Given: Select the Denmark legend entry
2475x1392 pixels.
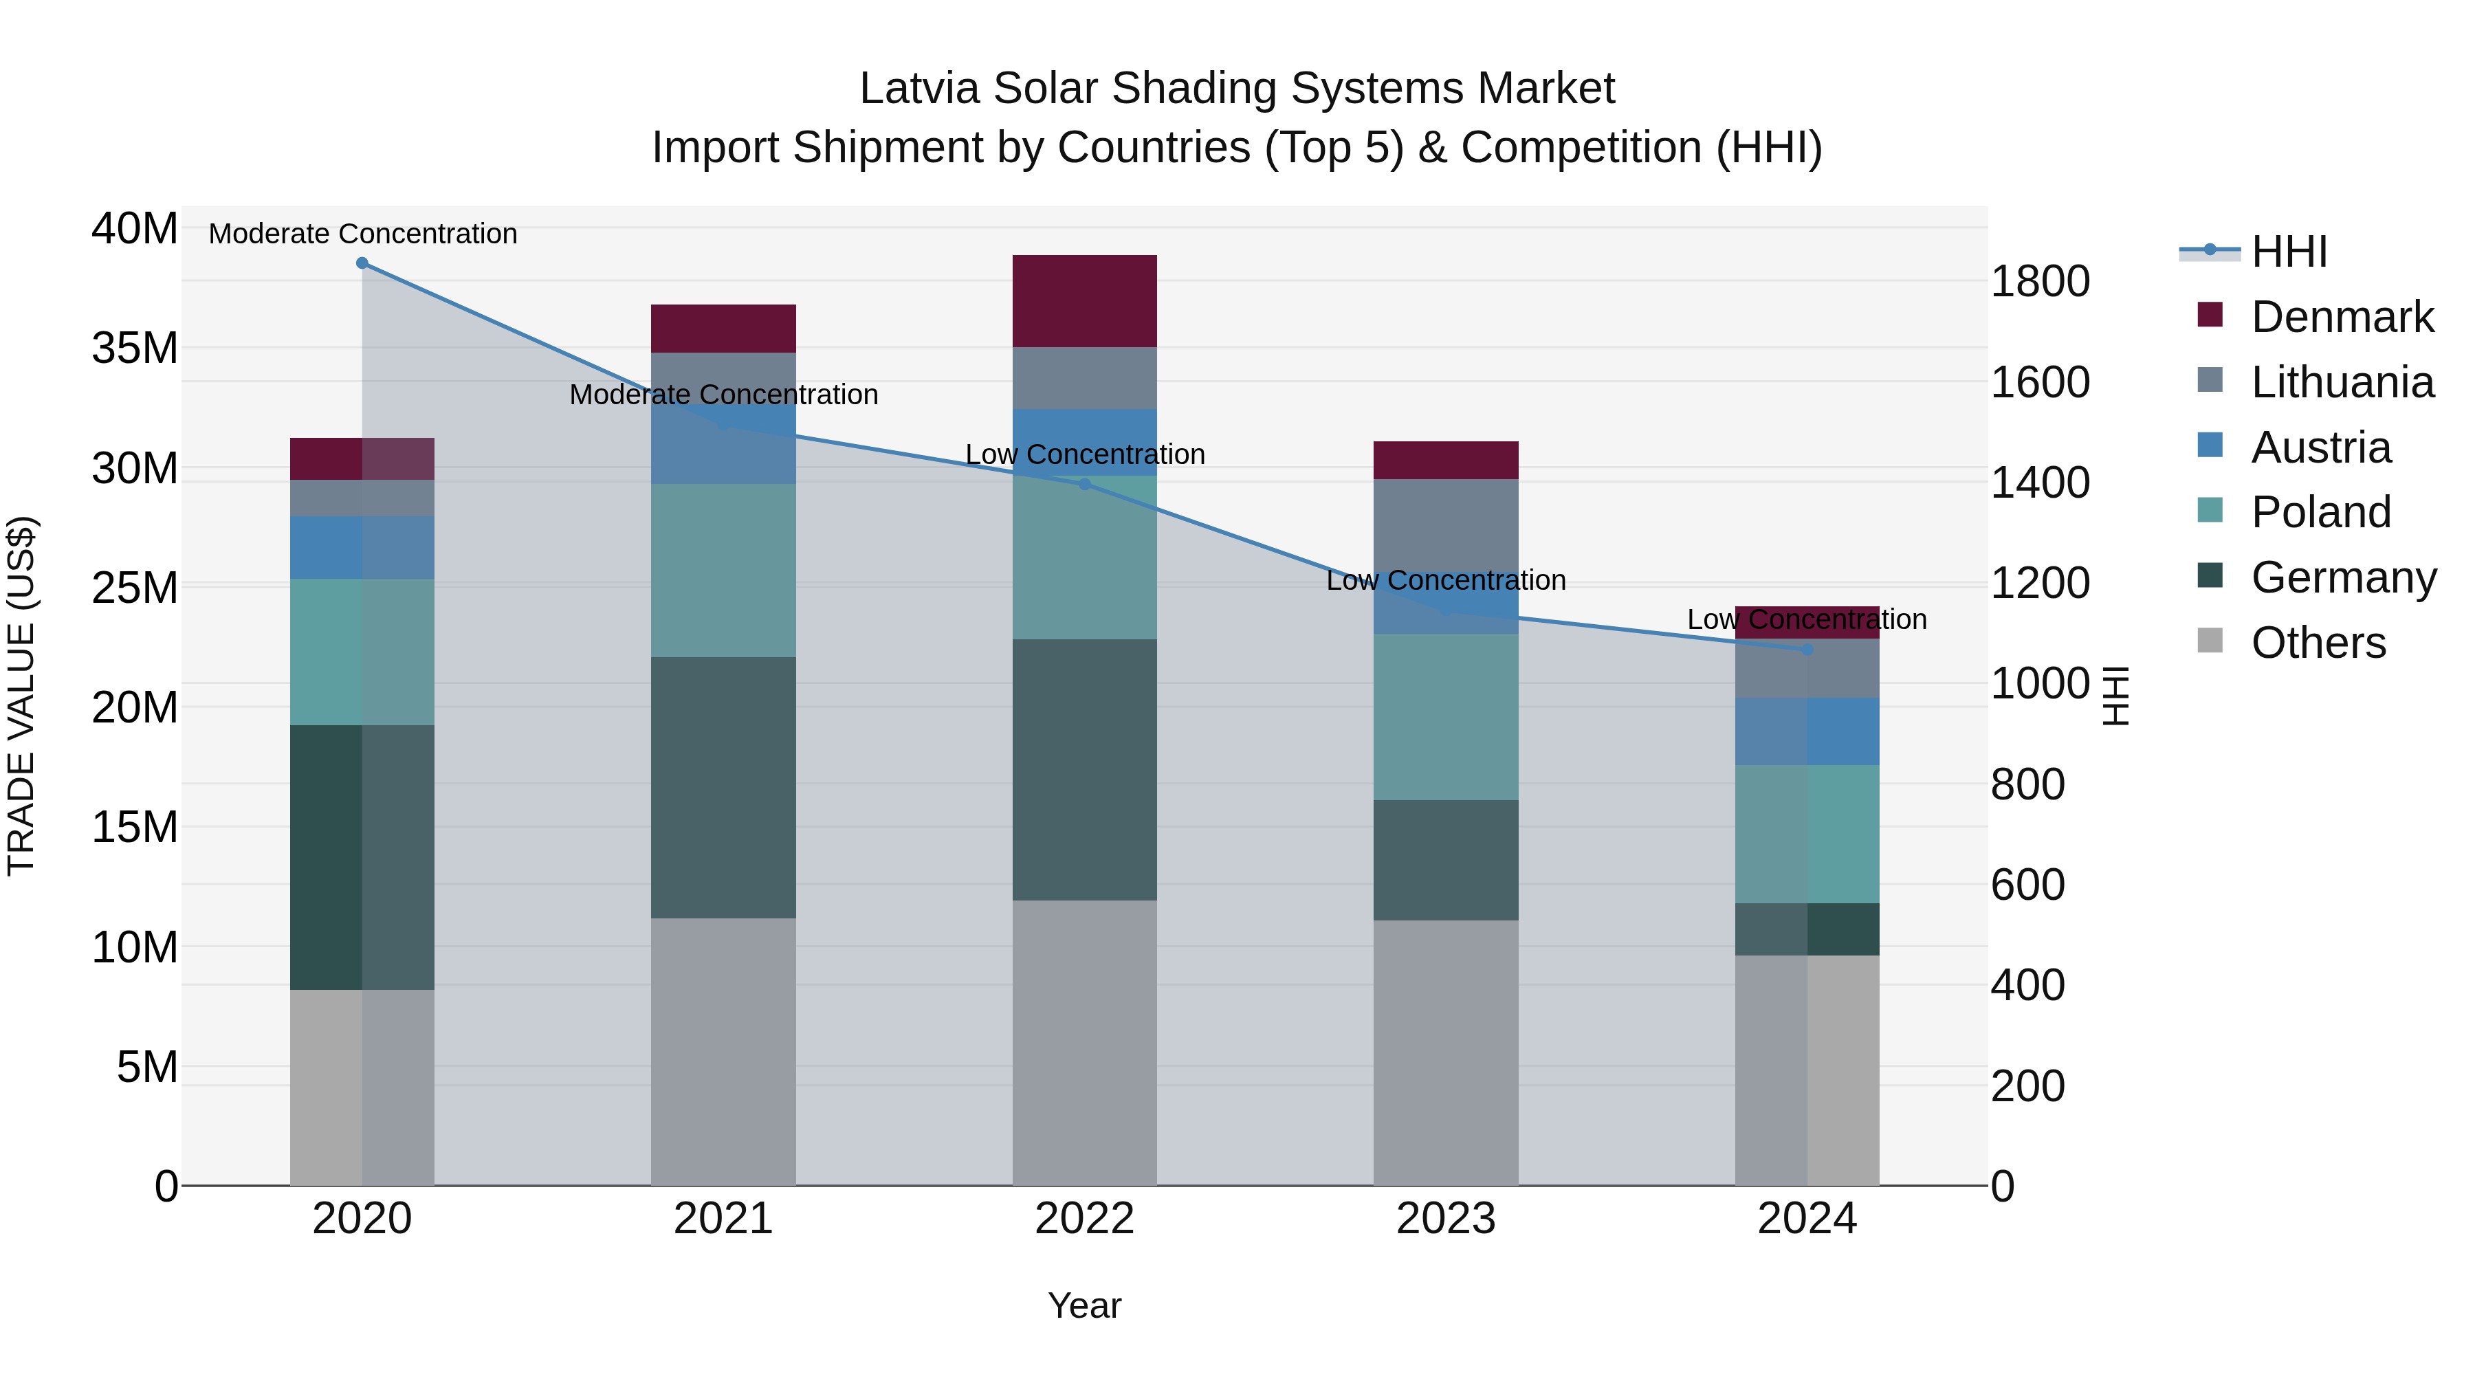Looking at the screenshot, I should (x=2342, y=317).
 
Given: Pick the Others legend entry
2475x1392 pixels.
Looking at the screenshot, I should (x=2318, y=643).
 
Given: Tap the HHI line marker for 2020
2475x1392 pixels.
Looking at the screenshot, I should (x=362, y=263).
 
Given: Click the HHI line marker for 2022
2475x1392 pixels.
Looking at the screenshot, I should (x=1085, y=484).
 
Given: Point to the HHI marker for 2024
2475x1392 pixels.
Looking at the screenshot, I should (x=1807, y=650).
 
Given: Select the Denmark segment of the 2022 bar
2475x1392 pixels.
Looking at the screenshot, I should (x=1085, y=300).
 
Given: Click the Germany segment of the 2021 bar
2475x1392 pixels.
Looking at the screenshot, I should (x=723, y=788).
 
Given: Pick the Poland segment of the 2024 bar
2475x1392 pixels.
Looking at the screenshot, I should (x=1807, y=834).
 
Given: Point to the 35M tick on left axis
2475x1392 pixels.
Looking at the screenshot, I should (x=135, y=348).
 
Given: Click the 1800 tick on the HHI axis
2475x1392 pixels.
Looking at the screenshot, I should (x=2040, y=281).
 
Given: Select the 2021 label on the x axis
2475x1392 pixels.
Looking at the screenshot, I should (x=723, y=1219).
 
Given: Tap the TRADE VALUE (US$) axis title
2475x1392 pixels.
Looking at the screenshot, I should (x=22, y=696).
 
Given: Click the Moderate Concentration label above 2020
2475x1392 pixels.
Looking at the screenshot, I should (x=362, y=234).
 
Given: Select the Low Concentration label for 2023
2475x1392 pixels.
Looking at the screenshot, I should (x=1446, y=580).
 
